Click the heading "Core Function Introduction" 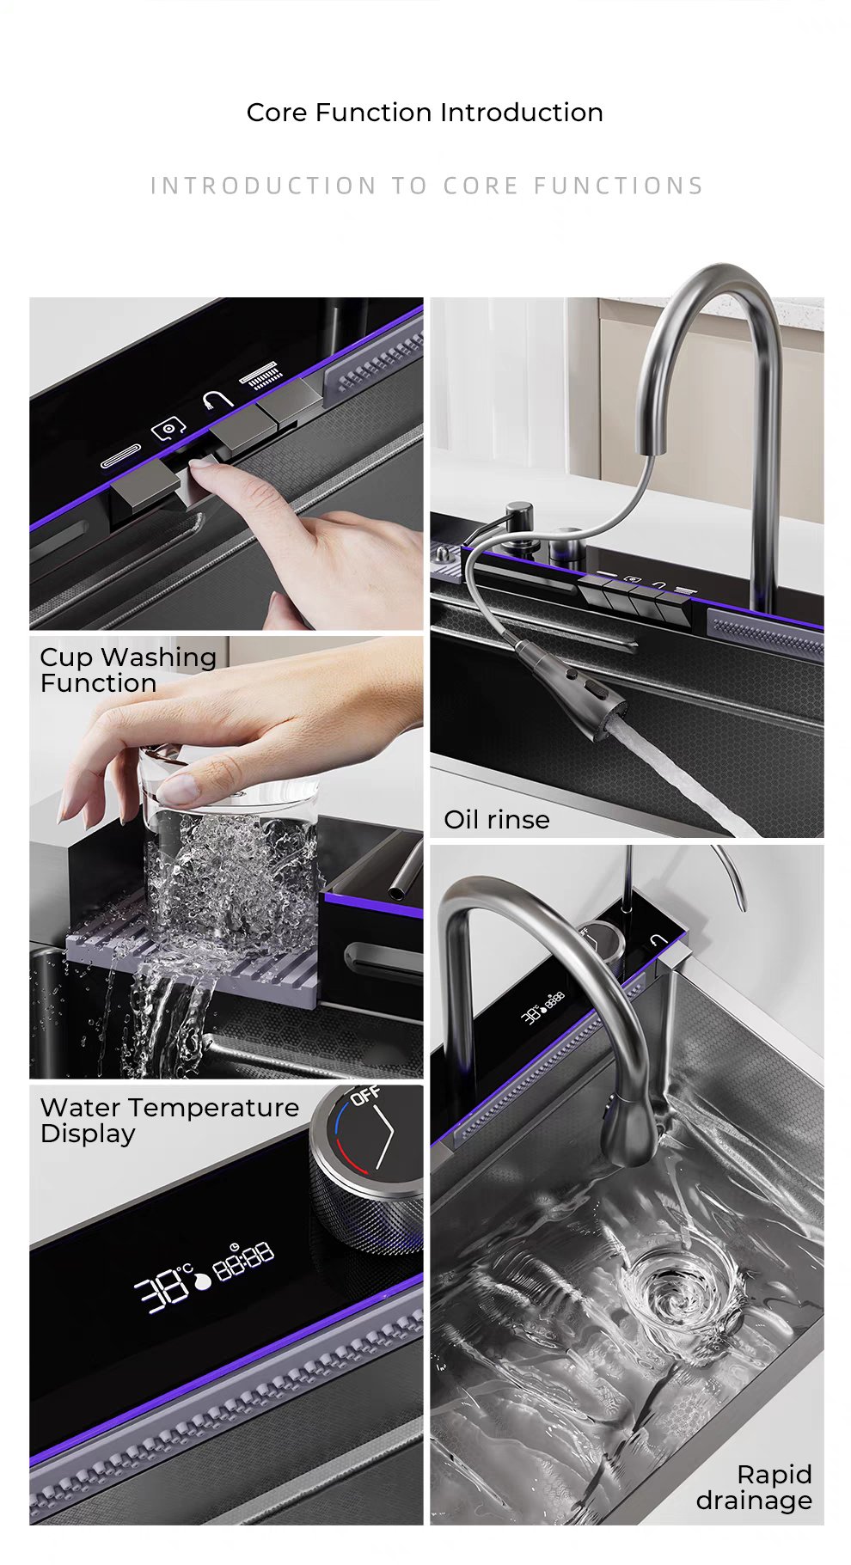(x=425, y=113)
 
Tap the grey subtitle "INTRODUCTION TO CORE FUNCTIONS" (x=427, y=186)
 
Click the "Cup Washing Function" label (x=128, y=669)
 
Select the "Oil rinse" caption (x=496, y=819)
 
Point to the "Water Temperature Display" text (x=169, y=1120)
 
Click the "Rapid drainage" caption (x=755, y=1487)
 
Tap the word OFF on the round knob (x=365, y=1096)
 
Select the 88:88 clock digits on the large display (x=243, y=1256)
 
